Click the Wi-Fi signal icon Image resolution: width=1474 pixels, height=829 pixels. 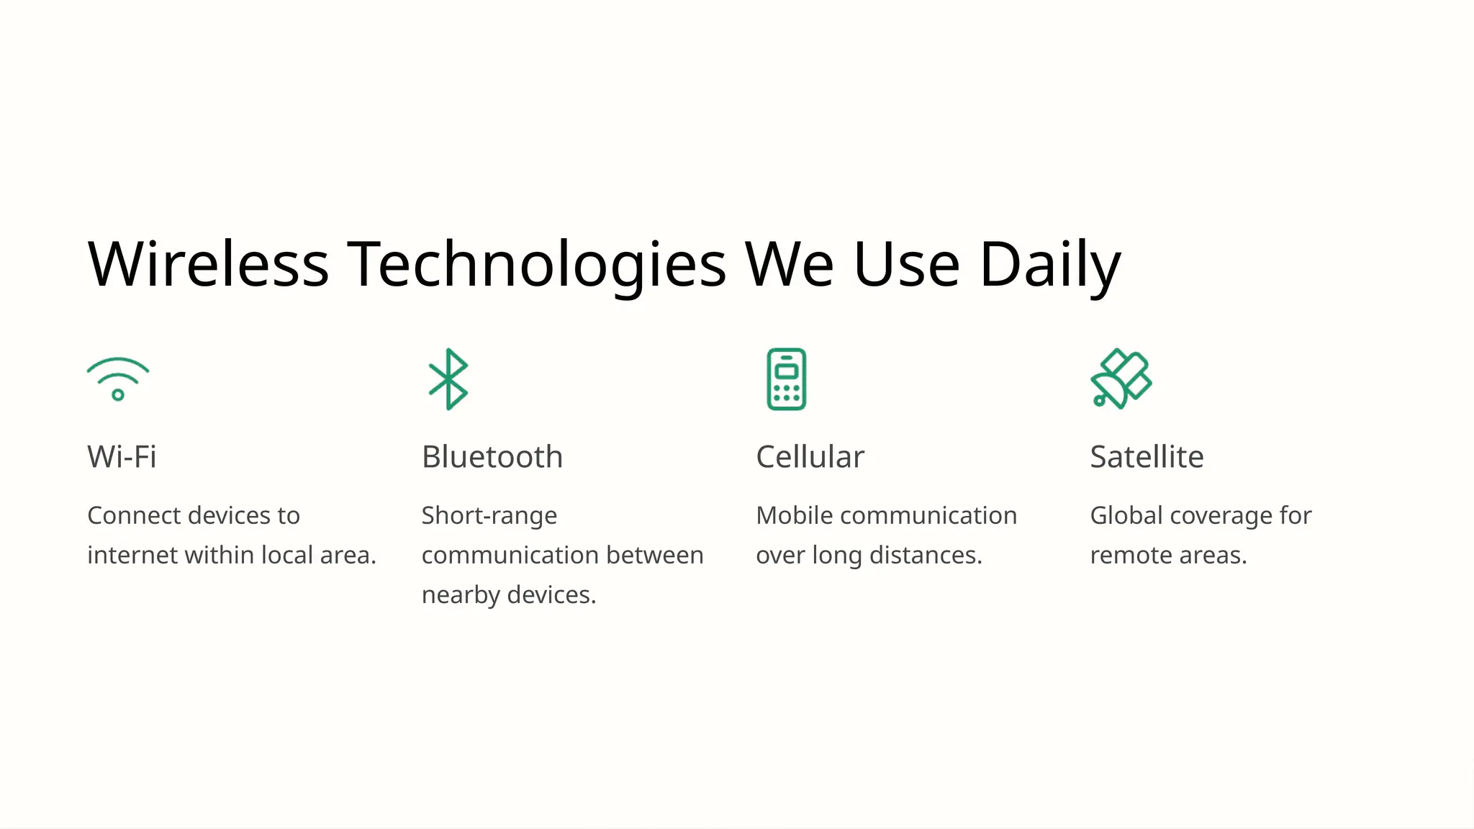pos(118,379)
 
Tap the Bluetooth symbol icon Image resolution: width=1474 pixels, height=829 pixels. pos(448,379)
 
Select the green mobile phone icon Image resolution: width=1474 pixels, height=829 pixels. pos(786,379)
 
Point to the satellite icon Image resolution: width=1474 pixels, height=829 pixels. pos(1121,379)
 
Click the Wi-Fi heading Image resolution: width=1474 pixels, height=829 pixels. pos(122,457)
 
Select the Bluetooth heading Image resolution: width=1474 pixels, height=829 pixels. pos(492,457)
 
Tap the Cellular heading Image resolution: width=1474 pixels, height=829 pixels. pos(810,457)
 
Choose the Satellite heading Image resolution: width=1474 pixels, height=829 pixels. pos(1147,457)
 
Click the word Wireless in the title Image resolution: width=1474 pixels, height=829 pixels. pos(208,264)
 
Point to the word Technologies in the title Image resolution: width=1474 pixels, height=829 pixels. pos(537,264)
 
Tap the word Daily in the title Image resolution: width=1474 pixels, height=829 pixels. pos(1050,264)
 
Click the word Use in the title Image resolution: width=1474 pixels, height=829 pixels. pos(907,264)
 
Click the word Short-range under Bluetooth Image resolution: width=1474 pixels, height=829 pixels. pos(489,516)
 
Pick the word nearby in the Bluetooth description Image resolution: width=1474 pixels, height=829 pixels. pos(461,595)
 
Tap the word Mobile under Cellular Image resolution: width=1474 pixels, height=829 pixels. pos(795,516)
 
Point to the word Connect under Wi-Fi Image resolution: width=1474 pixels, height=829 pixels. pos(134,516)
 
